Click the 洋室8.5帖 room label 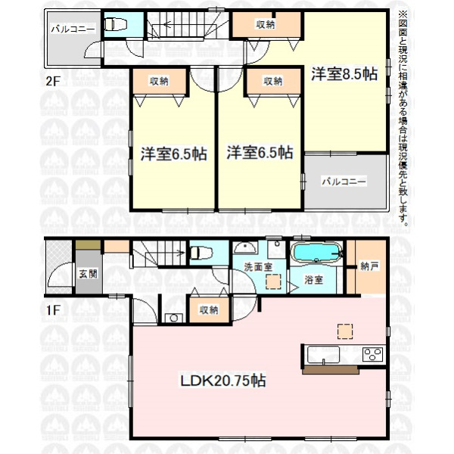coord(344,74)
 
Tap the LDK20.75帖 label coord(223,381)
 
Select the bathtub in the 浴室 coord(316,253)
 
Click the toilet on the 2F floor coord(114,24)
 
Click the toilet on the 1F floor coord(201,253)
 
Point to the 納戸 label coord(369,266)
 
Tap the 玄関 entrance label coord(89,274)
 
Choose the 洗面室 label coord(258,267)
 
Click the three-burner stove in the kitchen coord(373,354)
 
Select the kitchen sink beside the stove coord(323,354)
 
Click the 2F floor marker coord(53,81)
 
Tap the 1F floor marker coord(53,310)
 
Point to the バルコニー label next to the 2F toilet coord(73,30)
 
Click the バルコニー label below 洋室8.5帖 coord(344,182)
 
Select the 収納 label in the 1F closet coord(209,310)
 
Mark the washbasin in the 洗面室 coord(245,247)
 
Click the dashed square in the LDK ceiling coord(345,331)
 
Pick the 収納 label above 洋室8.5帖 coord(266,25)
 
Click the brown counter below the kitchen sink coord(331,370)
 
